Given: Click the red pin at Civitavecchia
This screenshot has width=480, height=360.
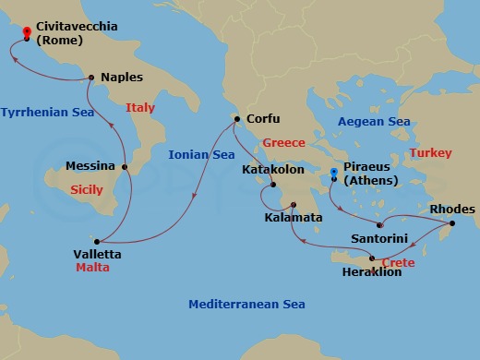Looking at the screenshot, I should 27,34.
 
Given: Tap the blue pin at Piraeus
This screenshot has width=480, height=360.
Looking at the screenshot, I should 334,173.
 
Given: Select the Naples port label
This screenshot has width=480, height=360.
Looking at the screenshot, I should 121,78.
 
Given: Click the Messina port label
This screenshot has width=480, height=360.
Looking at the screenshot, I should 90,167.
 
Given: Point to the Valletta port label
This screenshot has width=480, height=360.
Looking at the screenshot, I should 96,253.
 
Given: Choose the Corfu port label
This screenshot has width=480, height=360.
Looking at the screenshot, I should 262,119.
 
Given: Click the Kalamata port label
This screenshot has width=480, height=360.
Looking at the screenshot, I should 294,218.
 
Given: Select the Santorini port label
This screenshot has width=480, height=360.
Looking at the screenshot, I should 377,237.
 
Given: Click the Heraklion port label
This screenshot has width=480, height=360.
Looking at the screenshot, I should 371,272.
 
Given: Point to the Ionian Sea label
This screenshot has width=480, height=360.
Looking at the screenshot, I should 201,155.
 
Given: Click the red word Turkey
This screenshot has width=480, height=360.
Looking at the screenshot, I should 430,152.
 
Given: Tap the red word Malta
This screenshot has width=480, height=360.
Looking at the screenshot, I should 92,268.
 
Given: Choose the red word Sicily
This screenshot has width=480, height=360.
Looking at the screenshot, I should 87,189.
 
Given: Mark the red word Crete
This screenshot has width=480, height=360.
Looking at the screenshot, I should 398,262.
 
